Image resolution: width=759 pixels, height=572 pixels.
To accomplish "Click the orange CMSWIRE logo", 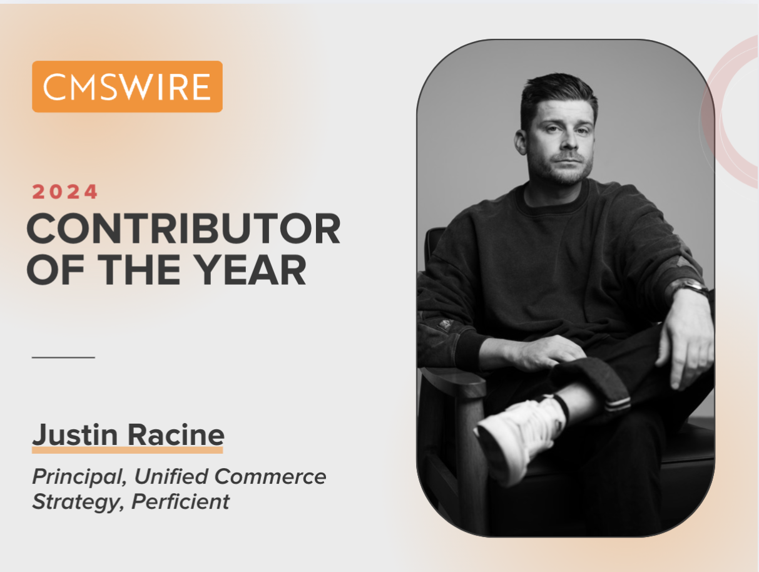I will point(127,86).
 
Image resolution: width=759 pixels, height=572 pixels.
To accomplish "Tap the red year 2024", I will point(65,192).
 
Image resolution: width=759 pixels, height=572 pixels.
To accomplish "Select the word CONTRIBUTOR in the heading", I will point(183,229).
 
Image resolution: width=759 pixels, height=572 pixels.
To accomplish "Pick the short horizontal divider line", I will point(63,357).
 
